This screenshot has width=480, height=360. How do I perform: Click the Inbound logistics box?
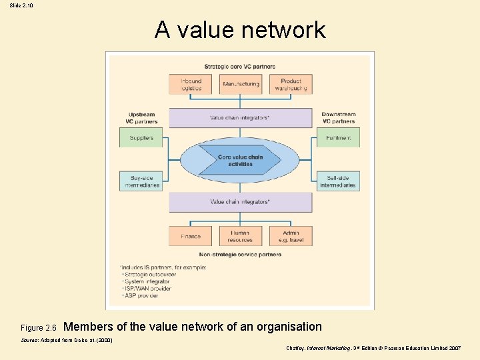191,84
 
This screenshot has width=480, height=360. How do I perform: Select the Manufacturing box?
241,84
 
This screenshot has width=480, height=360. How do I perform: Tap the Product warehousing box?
291,84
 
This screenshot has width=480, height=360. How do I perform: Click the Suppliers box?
141,138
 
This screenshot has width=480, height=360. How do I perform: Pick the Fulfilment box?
337,138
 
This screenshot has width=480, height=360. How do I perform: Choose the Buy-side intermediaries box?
141,181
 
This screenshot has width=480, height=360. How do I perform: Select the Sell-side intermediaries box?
337,181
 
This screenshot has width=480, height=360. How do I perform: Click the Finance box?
191,236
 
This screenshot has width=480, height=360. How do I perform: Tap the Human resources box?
240,236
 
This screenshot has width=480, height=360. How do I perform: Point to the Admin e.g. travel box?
291,236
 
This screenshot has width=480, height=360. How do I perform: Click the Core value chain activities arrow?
240,161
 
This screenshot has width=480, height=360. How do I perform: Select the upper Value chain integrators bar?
240,118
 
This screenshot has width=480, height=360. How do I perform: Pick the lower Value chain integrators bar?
240,201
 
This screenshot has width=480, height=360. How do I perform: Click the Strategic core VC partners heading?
240,67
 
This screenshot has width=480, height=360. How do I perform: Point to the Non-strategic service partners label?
240,254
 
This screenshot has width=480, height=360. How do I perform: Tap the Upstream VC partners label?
141,118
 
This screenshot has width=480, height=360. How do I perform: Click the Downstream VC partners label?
338,118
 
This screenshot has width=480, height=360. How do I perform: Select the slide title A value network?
240,30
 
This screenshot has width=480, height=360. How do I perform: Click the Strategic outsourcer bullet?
149,274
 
